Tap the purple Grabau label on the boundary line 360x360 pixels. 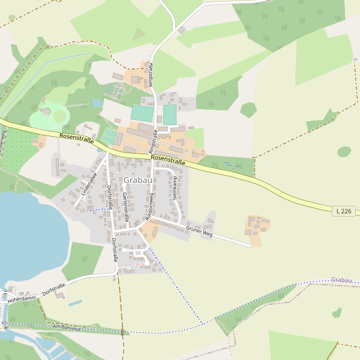pos(341,280)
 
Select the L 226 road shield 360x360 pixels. pos(344,211)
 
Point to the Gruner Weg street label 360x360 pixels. pos(199,230)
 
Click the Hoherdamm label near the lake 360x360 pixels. pos(22,298)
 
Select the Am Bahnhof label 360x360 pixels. pos(66,326)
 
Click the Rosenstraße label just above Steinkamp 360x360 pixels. pos(168,159)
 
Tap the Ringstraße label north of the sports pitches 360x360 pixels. pos(151,75)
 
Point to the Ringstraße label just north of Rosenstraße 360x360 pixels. pos(153,140)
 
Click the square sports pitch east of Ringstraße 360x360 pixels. pos(170,115)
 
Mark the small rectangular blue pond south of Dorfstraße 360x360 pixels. pos(75,304)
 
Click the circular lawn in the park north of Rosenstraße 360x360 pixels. pos(59,115)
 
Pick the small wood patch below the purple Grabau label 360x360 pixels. pos(337,313)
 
